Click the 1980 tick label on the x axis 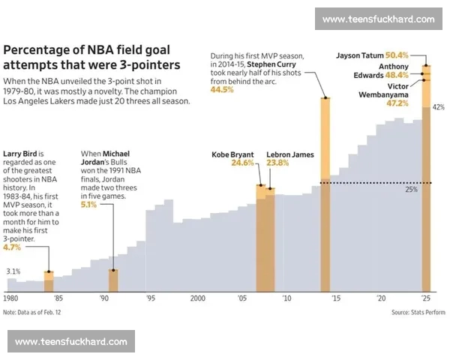point(11,298)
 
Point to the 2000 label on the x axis point(197,298)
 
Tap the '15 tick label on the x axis point(335,298)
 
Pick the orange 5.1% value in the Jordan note point(88,203)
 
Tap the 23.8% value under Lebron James point(278,163)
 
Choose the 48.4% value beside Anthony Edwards point(397,75)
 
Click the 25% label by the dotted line point(411,190)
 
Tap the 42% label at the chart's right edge point(439,107)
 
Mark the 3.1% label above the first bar point(13,271)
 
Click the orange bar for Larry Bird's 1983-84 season point(49,281)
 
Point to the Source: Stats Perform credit point(418,312)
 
